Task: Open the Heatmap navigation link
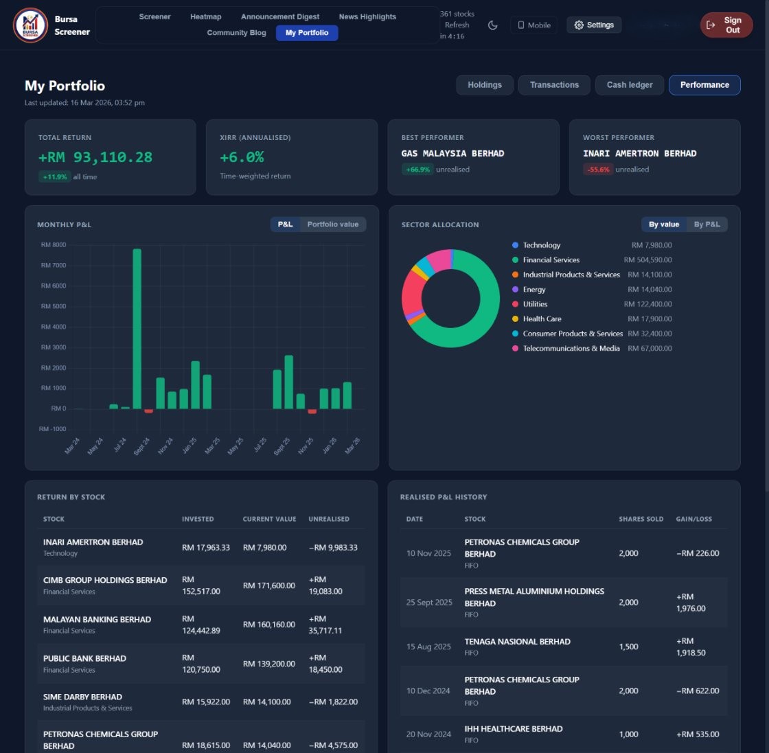coord(205,16)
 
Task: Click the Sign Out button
coord(726,25)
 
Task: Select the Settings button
coord(594,25)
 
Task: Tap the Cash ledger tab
coord(630,85)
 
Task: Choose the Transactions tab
coord(554,85)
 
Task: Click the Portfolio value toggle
coord(332,224)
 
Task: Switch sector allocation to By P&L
coord(707,224)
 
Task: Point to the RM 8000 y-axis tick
coord(54,245)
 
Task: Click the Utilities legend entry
coord(535,304)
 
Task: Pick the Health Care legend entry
coord(542,319)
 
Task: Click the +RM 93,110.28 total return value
coord(95,157)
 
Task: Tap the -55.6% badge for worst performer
coord(598,170)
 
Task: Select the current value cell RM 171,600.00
coord(268,586)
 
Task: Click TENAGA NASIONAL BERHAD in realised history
coord(517,642)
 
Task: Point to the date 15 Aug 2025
coord(428,647)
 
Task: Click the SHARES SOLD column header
coord(641,519)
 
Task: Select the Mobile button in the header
coord(533,25)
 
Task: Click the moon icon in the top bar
coord(493,25)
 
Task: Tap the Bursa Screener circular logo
coord(30,25)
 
